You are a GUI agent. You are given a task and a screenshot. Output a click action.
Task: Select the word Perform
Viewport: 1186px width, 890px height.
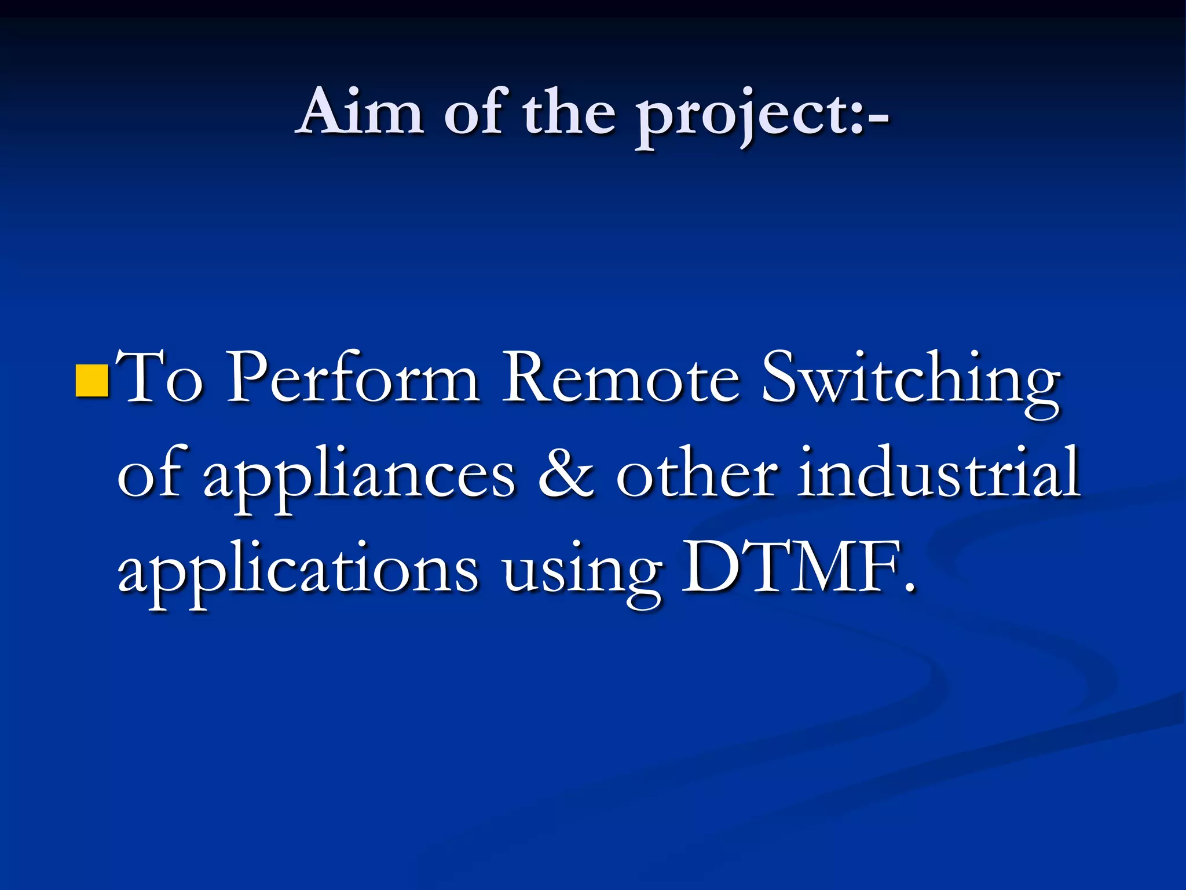click(x=353, y=378)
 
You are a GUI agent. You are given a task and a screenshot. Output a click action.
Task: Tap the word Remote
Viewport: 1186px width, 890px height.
click(x=620, y=378)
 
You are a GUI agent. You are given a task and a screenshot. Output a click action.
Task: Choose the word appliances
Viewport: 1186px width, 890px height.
click(x=358, y=478)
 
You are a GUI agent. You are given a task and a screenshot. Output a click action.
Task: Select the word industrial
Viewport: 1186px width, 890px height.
click(x=938, y=472)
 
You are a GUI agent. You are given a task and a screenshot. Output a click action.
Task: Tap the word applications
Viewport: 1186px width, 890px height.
click(x=298, y=571)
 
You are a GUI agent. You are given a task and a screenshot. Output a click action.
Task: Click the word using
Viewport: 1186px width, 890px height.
click(x=581, y=574)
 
